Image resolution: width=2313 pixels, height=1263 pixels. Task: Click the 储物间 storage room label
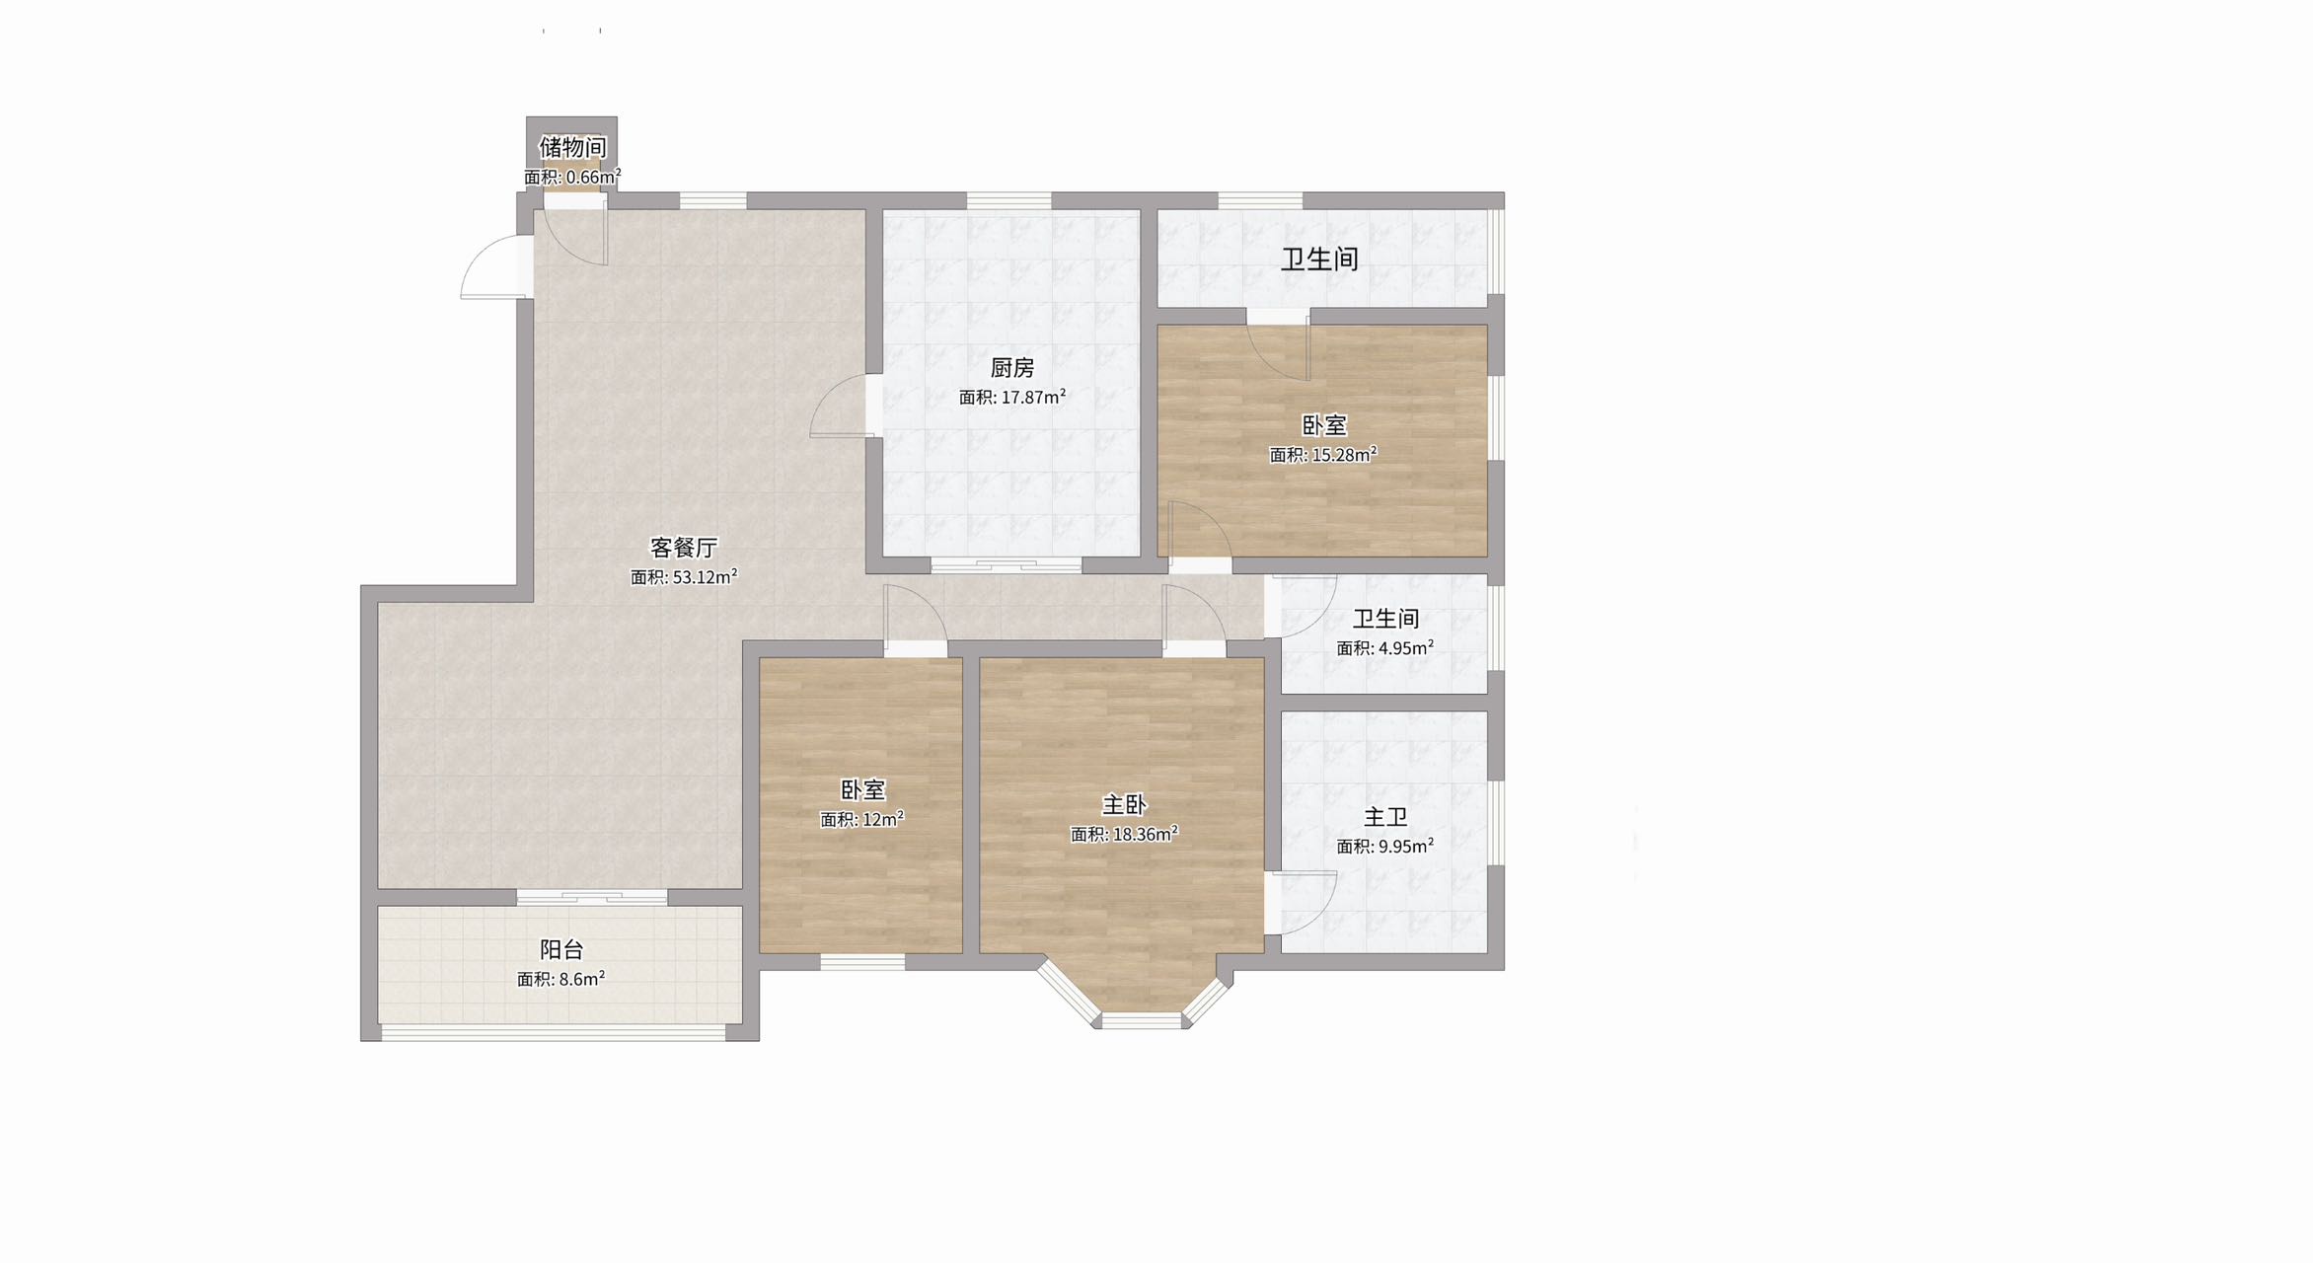[572, 147]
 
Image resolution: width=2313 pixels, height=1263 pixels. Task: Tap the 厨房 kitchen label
[1012, 368]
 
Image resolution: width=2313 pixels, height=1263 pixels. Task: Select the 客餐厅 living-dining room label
[684, 548]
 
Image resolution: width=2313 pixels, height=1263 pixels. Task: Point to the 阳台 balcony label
[561, 949]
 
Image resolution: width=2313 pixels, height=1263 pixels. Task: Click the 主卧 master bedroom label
[1124, 805]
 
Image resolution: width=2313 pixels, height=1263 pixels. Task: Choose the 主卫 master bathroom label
[1385, 817]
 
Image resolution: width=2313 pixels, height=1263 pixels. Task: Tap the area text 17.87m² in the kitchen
[1033, 397]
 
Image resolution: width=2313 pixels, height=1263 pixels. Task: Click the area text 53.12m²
[705, 576]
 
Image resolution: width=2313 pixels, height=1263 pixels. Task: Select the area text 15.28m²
[1344, 454]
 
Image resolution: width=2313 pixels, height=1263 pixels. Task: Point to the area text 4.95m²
[1406, 647]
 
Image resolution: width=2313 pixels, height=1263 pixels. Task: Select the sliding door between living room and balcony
[592, 898]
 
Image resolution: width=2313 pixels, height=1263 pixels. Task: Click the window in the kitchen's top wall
[1008, 201]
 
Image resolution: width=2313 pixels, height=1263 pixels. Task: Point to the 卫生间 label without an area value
[1320, 260]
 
